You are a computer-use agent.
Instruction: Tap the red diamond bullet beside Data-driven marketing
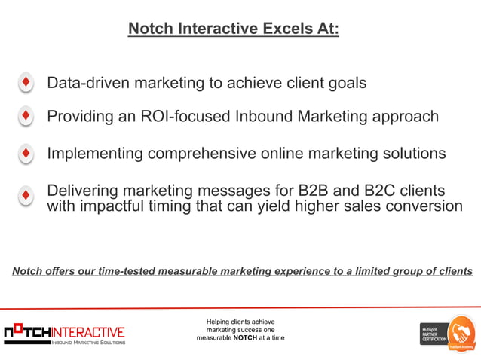26,82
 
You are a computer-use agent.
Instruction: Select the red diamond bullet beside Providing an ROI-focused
26,117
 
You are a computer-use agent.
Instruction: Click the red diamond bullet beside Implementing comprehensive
26,154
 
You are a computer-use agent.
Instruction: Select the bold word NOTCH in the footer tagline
246,338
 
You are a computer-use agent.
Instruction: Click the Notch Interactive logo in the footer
65,332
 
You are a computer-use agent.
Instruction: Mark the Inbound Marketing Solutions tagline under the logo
87,343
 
